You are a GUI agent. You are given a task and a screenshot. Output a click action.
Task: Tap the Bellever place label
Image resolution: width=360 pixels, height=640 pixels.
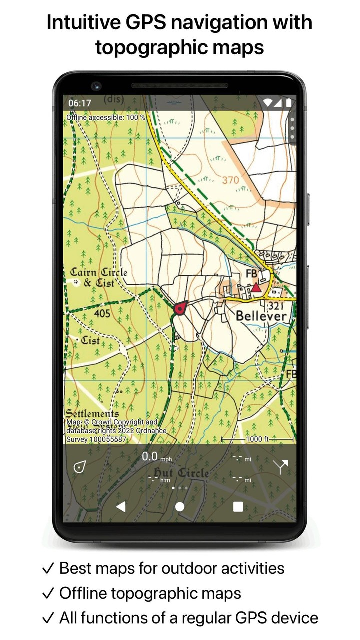point(261,316)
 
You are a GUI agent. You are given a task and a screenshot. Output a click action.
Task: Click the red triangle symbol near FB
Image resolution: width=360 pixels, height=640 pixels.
point(256,287)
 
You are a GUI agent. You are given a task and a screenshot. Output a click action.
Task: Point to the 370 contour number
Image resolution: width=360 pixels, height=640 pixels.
point(230,180)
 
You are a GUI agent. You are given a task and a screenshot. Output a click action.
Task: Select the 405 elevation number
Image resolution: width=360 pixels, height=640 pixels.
point(102,314)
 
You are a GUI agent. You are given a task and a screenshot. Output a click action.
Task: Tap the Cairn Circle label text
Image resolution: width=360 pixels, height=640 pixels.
point(98,273)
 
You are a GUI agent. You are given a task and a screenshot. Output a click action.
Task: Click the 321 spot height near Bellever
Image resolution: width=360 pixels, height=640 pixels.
point(276,305)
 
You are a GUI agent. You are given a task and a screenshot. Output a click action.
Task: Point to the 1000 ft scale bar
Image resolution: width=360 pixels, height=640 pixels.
point(257,439)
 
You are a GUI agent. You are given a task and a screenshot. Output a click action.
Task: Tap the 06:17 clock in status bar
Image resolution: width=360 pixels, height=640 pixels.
point(80,103)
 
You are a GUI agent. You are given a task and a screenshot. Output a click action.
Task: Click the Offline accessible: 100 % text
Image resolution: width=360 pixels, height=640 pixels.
point(106,117)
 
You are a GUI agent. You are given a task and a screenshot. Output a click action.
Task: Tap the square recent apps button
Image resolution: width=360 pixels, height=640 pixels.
point(238,507)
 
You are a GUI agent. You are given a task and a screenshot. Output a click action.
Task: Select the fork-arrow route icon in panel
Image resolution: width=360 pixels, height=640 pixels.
point(280,467)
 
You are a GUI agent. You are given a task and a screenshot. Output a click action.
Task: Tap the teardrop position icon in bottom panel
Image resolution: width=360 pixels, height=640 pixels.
point(79,467)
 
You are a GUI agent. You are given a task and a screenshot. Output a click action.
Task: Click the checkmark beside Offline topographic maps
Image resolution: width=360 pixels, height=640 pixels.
point(48,593)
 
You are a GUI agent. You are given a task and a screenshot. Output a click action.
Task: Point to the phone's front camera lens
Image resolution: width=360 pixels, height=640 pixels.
point(96,85)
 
